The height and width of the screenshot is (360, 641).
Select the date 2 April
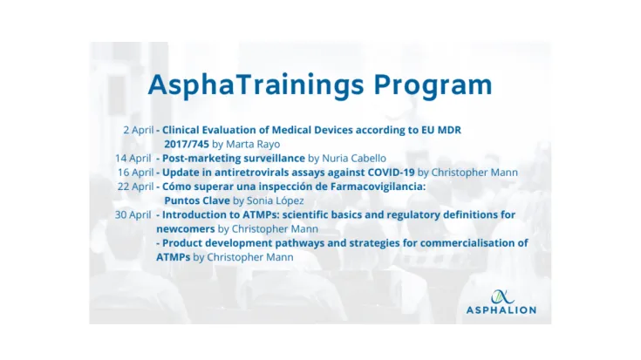pos(138,130)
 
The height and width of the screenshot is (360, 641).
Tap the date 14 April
pos(133,158)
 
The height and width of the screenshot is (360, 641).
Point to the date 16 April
pos(136,172)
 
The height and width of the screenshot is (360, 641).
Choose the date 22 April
pos(135,186)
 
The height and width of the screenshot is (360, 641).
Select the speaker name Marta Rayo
pos(254,144)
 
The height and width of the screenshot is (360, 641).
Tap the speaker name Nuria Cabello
pos(354,158)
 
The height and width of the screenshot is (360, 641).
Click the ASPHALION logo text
pos(501,309)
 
